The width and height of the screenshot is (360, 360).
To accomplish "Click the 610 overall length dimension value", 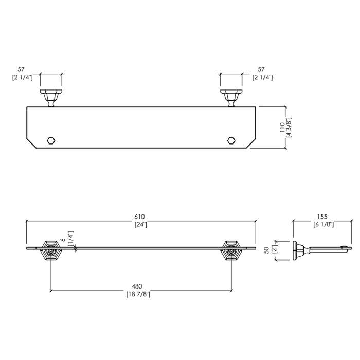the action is [x=139, y=217].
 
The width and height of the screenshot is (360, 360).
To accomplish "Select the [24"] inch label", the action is [x=140, y=224].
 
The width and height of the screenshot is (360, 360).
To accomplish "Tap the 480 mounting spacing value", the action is [x=137, y=286].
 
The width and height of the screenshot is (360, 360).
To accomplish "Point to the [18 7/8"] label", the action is [x=138, y=294].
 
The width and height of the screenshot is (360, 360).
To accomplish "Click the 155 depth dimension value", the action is [x=322, y=217].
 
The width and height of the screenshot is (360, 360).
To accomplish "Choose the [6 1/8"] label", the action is [x=323, y=224].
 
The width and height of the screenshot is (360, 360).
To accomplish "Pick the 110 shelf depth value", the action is [x=282, y=128].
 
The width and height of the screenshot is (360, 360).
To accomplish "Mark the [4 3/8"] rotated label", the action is [x=289, y=128].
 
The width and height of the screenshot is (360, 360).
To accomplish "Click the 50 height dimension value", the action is [x=266, y=250].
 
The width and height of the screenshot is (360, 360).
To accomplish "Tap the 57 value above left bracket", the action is [x=21, y=69].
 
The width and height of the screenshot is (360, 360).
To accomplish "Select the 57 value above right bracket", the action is [x=261, y=69].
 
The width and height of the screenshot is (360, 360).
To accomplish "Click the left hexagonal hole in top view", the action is [x=51, y=140].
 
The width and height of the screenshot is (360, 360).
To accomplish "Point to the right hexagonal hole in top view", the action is [x=231, y=140].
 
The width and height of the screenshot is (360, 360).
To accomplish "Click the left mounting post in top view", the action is [x=51, y=98].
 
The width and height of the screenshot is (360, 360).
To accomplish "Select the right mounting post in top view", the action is [x=231, y=98].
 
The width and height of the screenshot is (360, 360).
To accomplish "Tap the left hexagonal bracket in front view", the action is [x=51, y=251].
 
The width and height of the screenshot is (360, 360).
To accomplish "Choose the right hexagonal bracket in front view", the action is [x=231, y=251].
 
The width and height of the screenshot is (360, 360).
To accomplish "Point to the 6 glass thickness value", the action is [x=64, y=240].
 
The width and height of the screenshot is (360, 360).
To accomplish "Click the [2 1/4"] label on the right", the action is [x=263, y=77].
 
